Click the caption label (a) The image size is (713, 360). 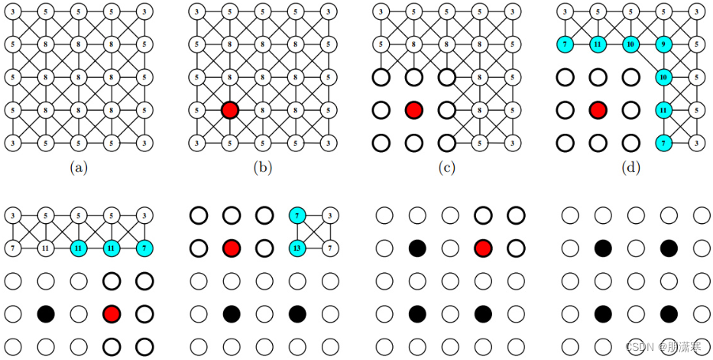point(78,166)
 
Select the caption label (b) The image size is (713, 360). point(262,166)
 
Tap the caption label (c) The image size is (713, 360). point(446,166)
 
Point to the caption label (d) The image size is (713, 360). point(630,166)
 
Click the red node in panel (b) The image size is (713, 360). point(229,110)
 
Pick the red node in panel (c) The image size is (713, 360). point(413,110)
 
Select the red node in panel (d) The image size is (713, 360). point(598,110)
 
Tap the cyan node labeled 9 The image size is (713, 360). point(663,44)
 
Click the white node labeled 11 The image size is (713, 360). point(45,248)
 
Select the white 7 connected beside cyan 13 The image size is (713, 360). point(329,248)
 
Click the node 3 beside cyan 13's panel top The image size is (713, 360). point(329,216)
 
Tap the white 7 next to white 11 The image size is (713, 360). point(12,248)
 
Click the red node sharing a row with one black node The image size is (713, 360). point(112,313)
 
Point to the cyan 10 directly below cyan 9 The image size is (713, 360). point(663,77)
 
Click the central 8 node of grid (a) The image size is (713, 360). point(78,77)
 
